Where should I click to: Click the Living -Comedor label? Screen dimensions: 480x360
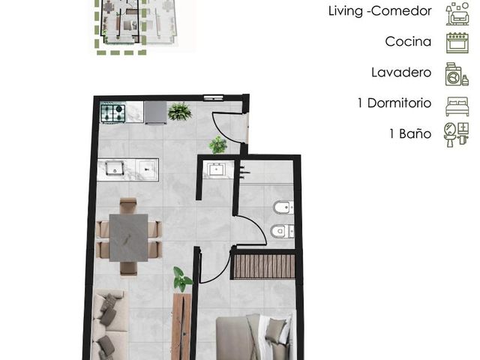pyautogui.click(x=380, y=11)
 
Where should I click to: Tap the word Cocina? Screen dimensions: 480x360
pyautogui.click(x=408, y=42)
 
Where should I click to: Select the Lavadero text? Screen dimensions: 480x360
pyautogui.click(x=401, y=73)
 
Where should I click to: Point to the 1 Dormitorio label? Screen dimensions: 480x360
pyautogui.click(x=394, y=103)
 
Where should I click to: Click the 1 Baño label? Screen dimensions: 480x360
pyautogui.click(x=410, y=133)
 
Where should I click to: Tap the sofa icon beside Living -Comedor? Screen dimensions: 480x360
pyautogui.click(x=457, y=13)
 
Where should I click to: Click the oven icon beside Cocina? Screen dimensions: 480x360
pyautogui.click(x=457, y=43)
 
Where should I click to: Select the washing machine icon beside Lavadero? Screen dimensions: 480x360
pyautogui.click(x=457, y=74)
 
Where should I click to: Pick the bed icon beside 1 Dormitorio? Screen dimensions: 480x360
pyautogui.click(x=457, y=106)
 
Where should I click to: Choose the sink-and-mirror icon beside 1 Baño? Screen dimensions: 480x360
pyautogui.click(x=456, y=135)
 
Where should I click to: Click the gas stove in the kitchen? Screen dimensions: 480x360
pyautogui.click(x=113, y=113)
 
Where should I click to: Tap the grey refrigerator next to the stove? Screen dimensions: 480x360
pyautogui.click(x=155, y=113)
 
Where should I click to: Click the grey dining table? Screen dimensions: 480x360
pyautogui.click(x=128, y=238)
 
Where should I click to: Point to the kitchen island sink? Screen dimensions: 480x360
pyautogui.click(x=115, y=168)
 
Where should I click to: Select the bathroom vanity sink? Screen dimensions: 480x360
pyautogui.click(x=217, y=169)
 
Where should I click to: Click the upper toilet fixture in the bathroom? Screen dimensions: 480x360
pyautogui.click(x=283, y=208)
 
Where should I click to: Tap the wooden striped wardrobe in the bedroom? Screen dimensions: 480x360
pyautogui.click(x=262, y=266)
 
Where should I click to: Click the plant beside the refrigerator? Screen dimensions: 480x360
pyautogui.click(x=180, y=112)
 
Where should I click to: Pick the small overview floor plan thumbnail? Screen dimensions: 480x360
pyautogui.click(x=136, y=25)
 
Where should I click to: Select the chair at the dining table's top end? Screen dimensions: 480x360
pyautogui.click(x=128, y=205)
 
